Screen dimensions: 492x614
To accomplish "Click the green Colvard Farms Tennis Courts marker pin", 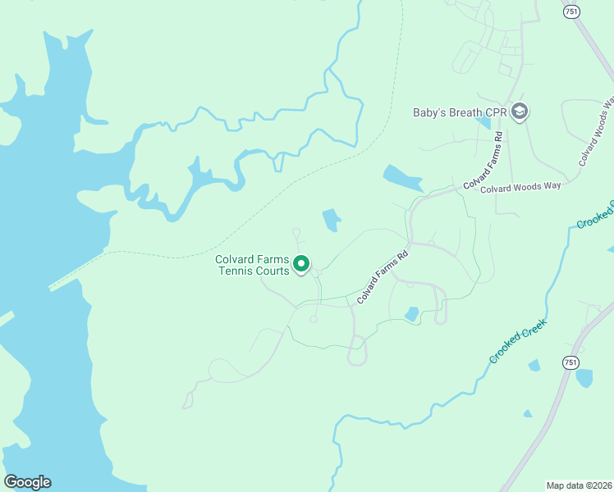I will tap(301, 264).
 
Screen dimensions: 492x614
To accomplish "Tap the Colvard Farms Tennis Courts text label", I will tap(252, 265).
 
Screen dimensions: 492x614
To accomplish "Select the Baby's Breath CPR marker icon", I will tap(519, 112).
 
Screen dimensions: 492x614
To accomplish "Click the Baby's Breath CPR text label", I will tap(460, 112).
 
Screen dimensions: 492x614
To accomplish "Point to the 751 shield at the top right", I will tap(571, 11).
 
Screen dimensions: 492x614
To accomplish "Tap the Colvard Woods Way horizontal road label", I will tap(520, 186).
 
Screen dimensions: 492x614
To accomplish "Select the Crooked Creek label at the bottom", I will tap(519, 338).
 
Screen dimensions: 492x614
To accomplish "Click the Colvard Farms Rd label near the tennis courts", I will tap(383, 278).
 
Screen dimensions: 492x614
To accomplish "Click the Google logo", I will tap(27, 482).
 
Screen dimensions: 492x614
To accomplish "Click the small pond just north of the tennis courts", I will tap(331, 220).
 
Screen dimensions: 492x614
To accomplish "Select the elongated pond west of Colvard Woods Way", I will tap(402, 177).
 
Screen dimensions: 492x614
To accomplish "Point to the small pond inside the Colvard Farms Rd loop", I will tap(412, 313).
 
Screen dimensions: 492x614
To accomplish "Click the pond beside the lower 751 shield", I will tap(584, 377).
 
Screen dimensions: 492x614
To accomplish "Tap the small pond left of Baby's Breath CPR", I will tap(483, 123).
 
